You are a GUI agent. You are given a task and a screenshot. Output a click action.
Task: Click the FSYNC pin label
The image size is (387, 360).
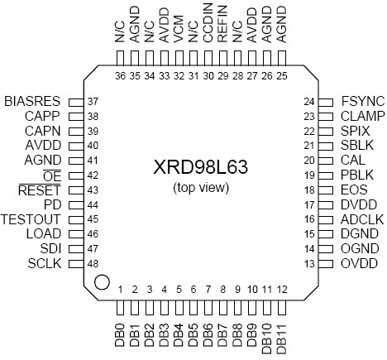[x=358, y=101]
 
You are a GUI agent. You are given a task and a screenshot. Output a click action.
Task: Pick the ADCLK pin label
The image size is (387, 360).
[x=359, y=219]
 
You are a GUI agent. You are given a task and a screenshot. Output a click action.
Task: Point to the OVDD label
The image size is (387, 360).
[x=358, y=264]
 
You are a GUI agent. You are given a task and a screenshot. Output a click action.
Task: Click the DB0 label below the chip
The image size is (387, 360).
[x=120, y=336]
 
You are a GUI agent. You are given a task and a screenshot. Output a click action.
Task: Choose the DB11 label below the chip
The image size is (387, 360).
[x=283, y=338]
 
